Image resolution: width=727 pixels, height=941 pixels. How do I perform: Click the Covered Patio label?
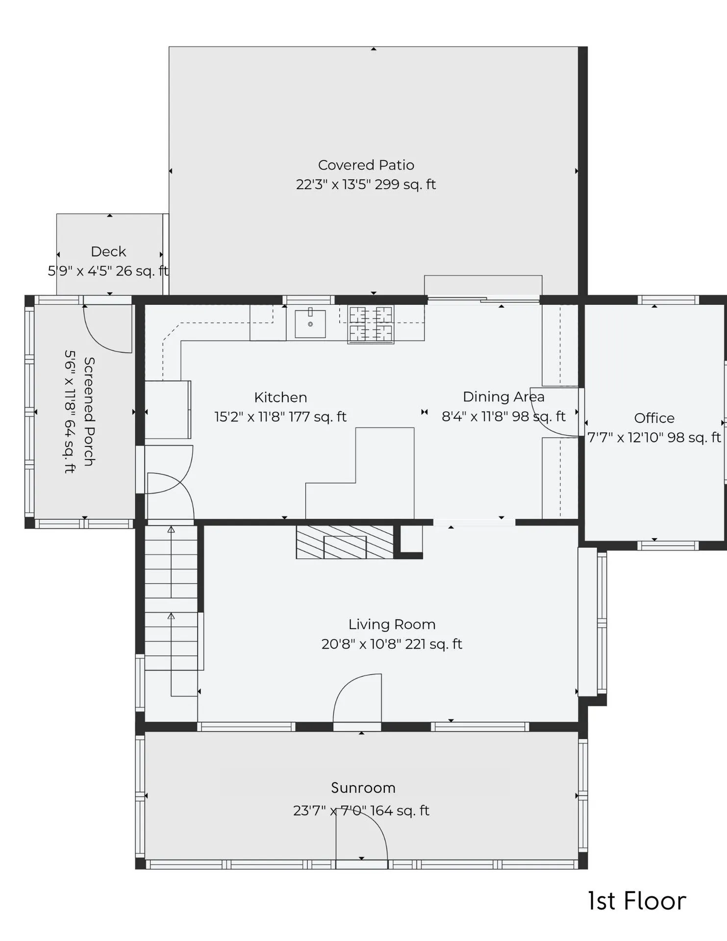click(x=366, y=165)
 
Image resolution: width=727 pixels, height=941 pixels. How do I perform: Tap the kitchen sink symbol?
click(x=310, y=324)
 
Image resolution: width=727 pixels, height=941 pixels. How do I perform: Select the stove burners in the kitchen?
click(x=371, y=324)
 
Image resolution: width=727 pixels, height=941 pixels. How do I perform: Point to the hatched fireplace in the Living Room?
click(x=345, y=542)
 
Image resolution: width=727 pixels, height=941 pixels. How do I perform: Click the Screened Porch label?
click(x=89, y=411)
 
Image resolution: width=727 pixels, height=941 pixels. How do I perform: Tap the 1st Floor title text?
click(x=636, y=901)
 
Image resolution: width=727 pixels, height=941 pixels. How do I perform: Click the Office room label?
click(x=654, y=418)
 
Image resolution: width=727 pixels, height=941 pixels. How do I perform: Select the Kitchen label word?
click(x=280, y=397)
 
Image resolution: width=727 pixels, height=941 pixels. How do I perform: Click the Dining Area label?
click(x=503, y=396)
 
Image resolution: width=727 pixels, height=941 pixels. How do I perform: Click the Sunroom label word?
click(x=363, y=788)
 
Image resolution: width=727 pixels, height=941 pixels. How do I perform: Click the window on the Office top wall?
click(x=668, y=300)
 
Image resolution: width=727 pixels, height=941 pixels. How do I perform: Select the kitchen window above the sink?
click(x=308, y=300)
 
